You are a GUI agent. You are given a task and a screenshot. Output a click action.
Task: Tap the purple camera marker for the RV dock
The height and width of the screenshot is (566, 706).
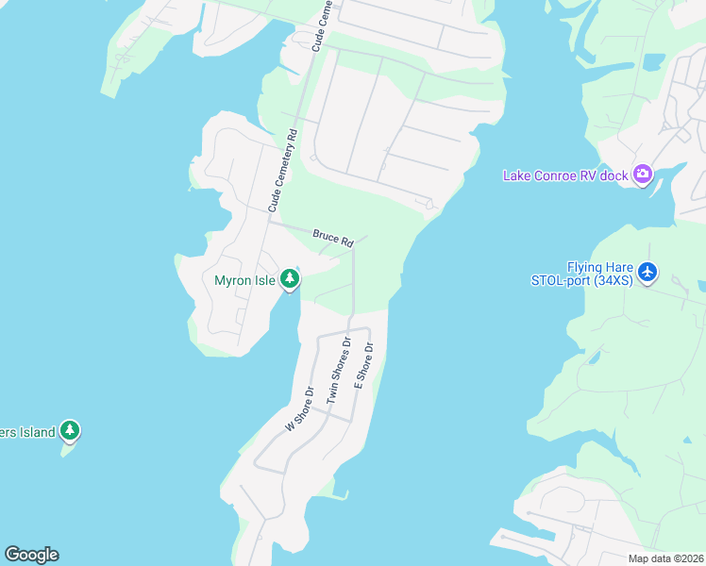(x=644, y=174)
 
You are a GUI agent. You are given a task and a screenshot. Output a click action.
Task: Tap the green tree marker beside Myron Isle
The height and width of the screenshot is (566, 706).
(x=290, y=279)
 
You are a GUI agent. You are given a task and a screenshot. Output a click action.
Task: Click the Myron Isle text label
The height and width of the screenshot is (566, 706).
(x=244, y=280)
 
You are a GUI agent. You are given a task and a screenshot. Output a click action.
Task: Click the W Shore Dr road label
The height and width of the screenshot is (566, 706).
(x=299, y=408)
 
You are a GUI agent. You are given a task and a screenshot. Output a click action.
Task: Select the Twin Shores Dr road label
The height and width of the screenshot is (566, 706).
(x=338, y=371)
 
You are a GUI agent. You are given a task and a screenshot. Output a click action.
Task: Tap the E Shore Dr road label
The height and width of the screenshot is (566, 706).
(x=363, y=366)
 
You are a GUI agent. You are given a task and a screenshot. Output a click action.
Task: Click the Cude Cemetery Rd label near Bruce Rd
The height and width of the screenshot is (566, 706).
(x=281, y=170)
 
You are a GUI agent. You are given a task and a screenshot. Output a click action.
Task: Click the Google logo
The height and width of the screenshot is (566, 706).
(x=31, y=555)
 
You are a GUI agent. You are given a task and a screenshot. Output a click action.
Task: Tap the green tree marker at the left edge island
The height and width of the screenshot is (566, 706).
(x=69, y=431)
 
